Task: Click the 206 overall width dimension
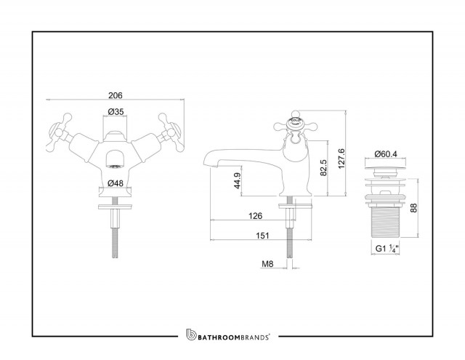[x=115, y=95]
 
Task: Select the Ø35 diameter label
[x=116, y=111]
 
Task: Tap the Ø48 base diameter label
[x=116, y=183]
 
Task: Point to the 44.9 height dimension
[x=238, y=180]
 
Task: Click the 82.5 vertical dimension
[x=323, y=168]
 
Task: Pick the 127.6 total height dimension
[x=341, y=159]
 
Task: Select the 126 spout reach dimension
[x=255, y=216]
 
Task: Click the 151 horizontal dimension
[x=262, y=236]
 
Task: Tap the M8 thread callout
[x=267, y=263]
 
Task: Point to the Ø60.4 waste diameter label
[x=386, y=154]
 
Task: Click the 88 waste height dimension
[x=413, y=208]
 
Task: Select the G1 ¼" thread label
[x=387, y=249]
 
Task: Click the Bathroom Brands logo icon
[x=191, y=335]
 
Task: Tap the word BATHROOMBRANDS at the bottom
[x=233, y=337]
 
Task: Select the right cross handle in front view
[x=171, y=132]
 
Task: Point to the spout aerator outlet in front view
[x=115, y=167]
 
